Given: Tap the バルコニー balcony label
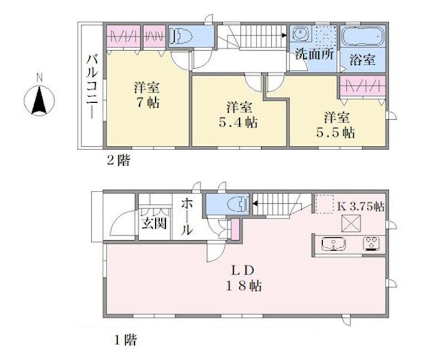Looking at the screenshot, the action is pos(92,87).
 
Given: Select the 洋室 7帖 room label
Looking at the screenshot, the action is pos(147,95).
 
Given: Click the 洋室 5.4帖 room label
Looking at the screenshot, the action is pos(239,115).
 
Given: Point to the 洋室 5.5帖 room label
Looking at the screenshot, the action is pos(336,125).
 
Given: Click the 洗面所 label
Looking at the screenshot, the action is pos(314,54).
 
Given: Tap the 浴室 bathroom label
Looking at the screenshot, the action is pos(362,60).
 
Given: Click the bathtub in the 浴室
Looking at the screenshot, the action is pos(363,36).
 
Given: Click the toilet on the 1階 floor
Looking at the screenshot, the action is pos(238,203).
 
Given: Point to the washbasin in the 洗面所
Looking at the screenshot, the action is pos(300,34).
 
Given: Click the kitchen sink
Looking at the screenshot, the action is pos(334,243).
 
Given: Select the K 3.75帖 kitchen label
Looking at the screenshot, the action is pos(361,207).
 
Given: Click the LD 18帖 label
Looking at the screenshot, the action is pos(244,278).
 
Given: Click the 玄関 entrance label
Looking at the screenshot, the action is pos(154,224).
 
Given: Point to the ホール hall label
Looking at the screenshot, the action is pos(187,216).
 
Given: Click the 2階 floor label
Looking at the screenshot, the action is pos(118,161).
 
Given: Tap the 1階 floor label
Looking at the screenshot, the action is pos(125,340).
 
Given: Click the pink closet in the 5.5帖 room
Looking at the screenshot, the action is pos(362,86).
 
